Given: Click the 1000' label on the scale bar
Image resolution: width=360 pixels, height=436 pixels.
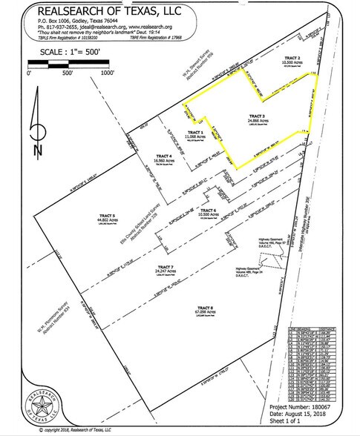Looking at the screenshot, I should [108, 73].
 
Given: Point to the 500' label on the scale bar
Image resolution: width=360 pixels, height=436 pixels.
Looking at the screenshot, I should [68, 73].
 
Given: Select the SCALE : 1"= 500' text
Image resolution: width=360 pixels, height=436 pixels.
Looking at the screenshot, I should [67, 54].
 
